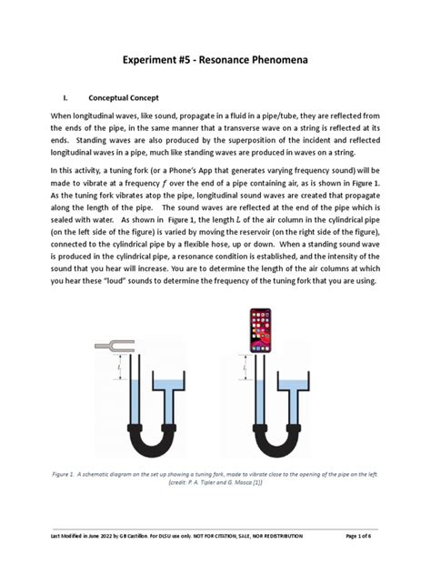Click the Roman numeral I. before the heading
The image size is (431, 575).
pyautogui.click(x=65, y=97)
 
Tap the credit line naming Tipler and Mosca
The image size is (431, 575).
pyautogui.click(x=215, y=482)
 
